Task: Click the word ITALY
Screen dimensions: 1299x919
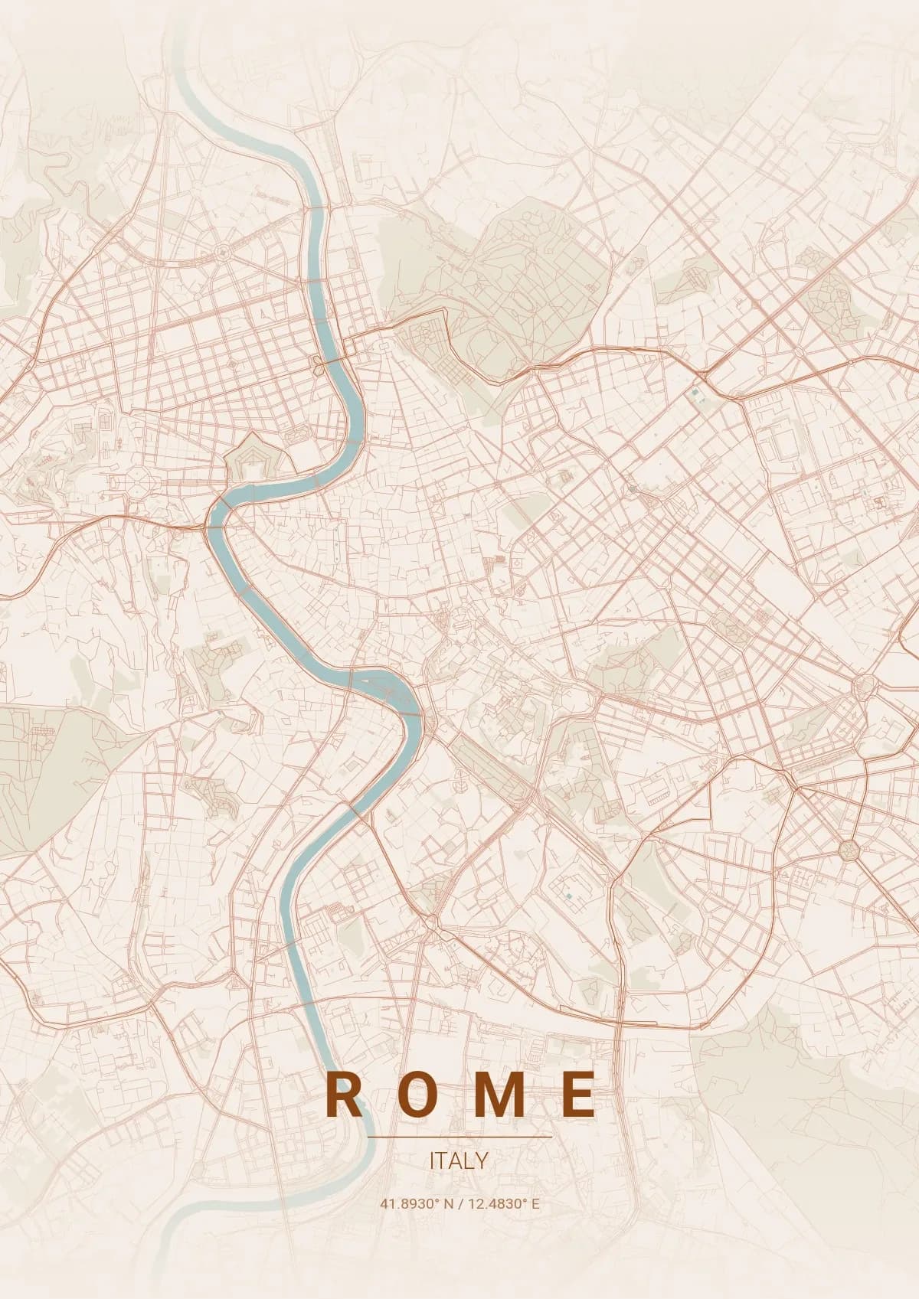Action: click(459, 1160)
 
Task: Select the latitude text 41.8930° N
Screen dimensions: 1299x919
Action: click(416, 1203)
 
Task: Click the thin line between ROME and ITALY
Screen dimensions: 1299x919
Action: click(459, 1137)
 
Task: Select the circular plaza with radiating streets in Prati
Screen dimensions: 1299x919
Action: click(224, 250)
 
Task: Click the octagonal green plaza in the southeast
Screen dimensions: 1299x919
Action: click(849, 849)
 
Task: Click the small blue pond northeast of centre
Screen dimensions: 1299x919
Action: click(695, 393)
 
